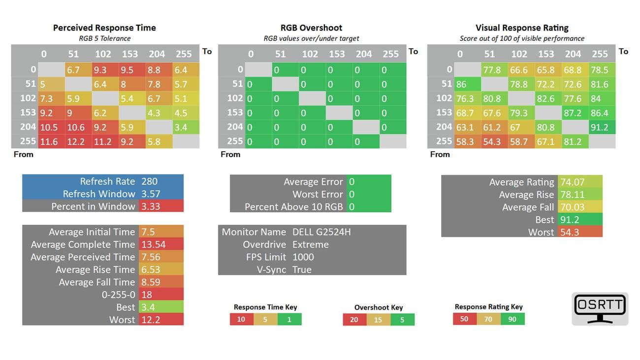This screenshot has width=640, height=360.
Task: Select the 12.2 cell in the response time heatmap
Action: point(77,142)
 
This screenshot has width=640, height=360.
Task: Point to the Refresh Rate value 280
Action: point(150,181)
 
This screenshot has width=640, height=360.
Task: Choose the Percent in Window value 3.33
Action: point(151,206)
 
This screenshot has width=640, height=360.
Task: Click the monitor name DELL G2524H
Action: point(321,232)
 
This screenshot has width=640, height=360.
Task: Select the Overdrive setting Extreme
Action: point(310,245)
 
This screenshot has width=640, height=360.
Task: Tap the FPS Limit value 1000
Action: point(303,257)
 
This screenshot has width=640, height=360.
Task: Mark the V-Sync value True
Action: point(302,270)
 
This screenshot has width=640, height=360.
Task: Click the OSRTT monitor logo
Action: point(600,309)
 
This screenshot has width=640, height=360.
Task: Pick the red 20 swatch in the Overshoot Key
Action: point(354,320)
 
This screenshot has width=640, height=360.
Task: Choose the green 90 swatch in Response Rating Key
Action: point(512,319)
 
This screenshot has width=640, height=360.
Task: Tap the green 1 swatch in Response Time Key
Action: point(289,319)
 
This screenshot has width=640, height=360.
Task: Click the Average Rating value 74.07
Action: point(572,182)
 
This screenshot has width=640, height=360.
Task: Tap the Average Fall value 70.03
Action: point(572,207)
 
